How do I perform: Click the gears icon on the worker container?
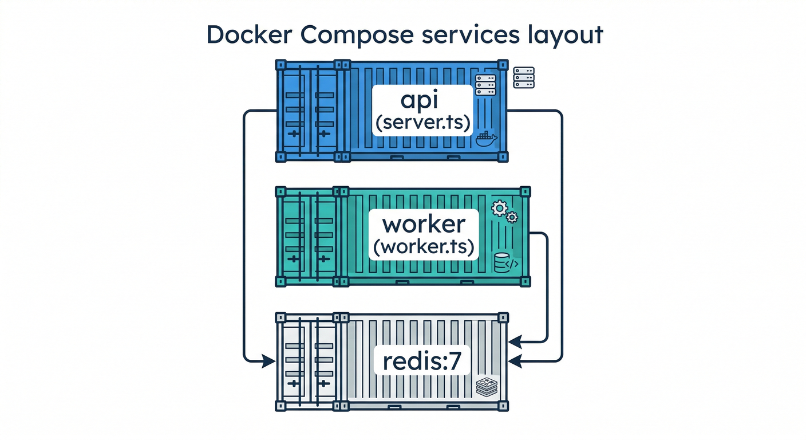pyautogui.click(x=504, y=212)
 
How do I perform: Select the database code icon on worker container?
pyautogui.click(x=505, y=263)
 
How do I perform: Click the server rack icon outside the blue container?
pyautogui.click(x=524, y=77)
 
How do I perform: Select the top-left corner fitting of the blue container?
pyautogui.click(x=280, y=63)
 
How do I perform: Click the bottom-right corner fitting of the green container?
pyautogui.click(x=526, y=281)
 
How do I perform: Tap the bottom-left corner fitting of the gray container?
pyautogui.click(x=280, y=406)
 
